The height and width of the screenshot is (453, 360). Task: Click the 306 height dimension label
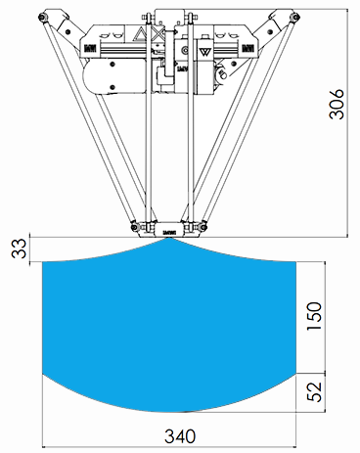click(337, 104)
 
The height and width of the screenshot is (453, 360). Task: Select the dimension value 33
click(19, 249)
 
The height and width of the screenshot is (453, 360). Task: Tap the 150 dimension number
click(314, 316)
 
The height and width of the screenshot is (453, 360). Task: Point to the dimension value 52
click(314, 391)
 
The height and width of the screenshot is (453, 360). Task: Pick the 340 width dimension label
click(180, 436)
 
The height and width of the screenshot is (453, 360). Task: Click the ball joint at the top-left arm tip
click(42, 17)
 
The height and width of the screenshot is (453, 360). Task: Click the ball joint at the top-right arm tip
click(295, 17)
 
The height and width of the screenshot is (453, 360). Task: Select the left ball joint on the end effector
click(134, 227)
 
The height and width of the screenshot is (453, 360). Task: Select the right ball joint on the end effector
click(203, 226)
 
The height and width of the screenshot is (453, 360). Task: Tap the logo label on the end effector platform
click(169, 233)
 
